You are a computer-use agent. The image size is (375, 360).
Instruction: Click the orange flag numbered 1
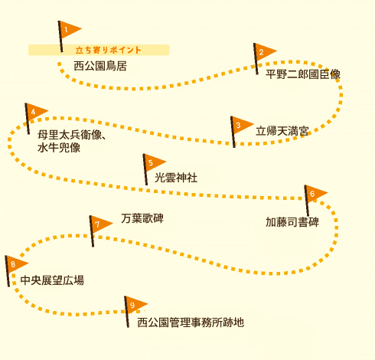[69, 30]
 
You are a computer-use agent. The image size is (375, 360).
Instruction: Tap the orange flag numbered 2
[264, 52]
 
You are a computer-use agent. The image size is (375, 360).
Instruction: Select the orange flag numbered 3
[241, 126]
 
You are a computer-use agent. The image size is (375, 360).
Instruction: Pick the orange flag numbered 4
[36, 112]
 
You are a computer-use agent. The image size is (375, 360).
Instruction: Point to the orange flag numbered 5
[154, 163]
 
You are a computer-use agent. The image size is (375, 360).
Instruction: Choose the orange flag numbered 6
[315, 194]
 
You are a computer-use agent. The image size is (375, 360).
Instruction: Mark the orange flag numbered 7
[100, 224]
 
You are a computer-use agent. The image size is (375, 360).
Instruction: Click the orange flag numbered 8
[16, 264]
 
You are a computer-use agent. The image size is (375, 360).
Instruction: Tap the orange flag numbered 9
[135, 306]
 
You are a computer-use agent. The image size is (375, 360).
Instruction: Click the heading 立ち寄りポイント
[109, 50]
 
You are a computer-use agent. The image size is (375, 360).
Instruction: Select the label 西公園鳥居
[100, 66]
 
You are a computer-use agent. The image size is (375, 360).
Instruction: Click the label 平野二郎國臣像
[303, 74]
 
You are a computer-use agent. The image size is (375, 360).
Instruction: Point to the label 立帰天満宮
[282, 131]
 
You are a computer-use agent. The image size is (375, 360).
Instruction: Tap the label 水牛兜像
[59, 148]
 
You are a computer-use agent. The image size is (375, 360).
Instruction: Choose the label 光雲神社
[176, 178]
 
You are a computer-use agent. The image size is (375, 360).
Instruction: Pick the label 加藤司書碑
[292, 222]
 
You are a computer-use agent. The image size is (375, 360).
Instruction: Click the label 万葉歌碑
[142, 218]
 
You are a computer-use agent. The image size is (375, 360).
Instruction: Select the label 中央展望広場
[52, 280]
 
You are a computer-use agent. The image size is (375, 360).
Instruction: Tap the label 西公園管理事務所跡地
[191, 322]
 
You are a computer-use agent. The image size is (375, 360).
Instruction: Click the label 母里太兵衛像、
[72, 135]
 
